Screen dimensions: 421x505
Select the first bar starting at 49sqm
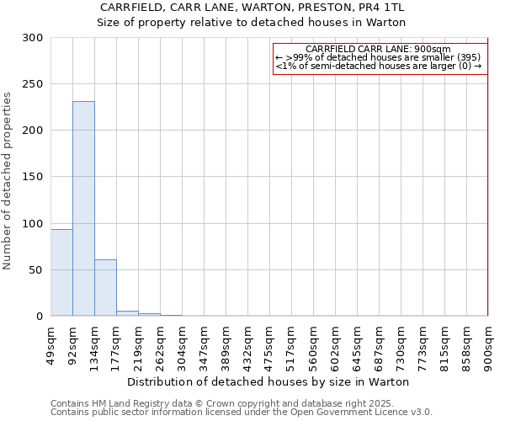point(61,273)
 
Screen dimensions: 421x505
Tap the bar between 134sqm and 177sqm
point(105,288)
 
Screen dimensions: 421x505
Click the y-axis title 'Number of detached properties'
point(8,181)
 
